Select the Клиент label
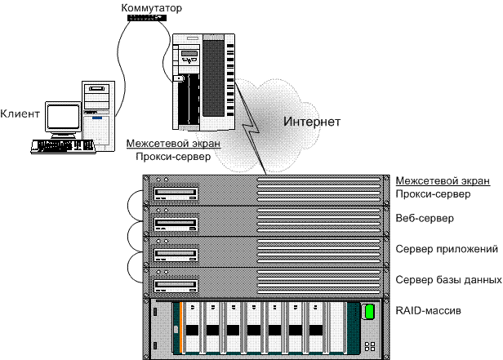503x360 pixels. pyautogui.click(x=20, y=113)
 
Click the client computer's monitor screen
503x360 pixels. pyautogui.click(x=65, y=118)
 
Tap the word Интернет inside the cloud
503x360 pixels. pyautogui.click(x=310, y=122)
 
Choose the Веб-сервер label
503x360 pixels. pyautogui.click(x=424, y=219)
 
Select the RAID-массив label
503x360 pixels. pyautogui.click(x=430, y=311)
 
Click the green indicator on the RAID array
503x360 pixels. pyautogui.click(x=368, y=311)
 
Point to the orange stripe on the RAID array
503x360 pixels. pyautogui.click(x=175, y=327)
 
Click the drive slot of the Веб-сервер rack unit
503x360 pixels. pyautogui.click(x=175, y=224)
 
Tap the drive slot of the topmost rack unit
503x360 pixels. pyautogui.click(x=175, y=194)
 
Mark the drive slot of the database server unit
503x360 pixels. pyautogui.click(x=175, y=284)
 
